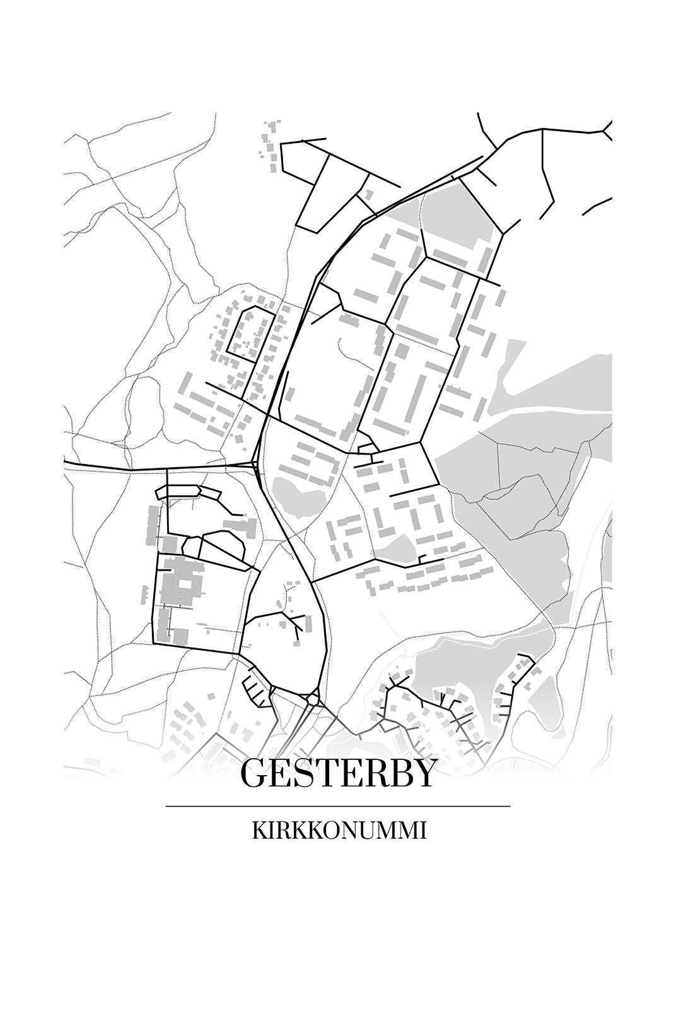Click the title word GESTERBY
[338, 773]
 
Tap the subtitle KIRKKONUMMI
[339, 831]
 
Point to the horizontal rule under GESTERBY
[338, 806]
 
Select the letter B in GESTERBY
[399, 773]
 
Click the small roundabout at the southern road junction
[313, 699]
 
